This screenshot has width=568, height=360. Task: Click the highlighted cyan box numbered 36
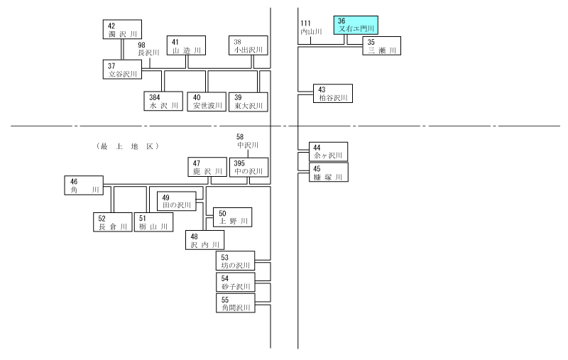coord(356,25)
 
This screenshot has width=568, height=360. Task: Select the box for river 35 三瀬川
coord(382,46)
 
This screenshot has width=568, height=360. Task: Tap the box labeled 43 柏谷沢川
coord(333,94)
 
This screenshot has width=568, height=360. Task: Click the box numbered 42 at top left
coord(122,29)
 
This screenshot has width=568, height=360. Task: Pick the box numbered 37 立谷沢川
coord(122,70)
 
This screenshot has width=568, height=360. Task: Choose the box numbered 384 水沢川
coord(163,101)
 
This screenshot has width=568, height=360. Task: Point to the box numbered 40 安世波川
coord(207,102)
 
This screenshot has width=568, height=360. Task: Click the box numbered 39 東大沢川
coord(248,102)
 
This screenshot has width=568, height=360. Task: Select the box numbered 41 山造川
coord(186,45)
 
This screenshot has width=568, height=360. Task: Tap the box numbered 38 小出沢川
coord(248,45)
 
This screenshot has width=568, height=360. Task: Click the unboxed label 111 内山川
coord(311,28)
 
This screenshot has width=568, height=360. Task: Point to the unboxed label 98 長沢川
coord(148,49)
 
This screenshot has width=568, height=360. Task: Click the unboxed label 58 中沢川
coord(248,141)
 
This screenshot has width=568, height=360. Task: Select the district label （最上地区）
coord(128,146)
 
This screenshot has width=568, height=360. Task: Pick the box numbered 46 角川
coord(84,185)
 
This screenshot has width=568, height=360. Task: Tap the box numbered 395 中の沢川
coord(249,168)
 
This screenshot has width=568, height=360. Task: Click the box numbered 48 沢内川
coord(204,240)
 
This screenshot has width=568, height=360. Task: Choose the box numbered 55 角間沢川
coord(236,303)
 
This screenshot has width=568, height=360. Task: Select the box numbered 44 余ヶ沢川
coord(328,152)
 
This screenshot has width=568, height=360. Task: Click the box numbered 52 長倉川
coord(113,222)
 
